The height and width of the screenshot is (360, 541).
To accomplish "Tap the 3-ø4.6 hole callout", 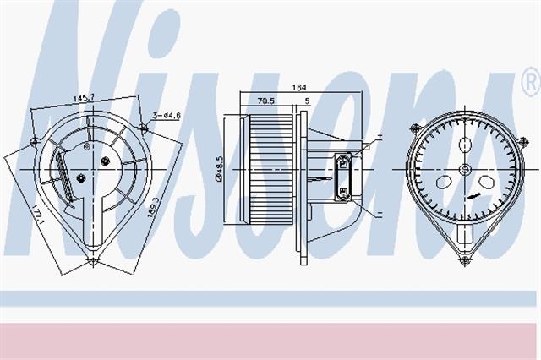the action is (x=167, y=116).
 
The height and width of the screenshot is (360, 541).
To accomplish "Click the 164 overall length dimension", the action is (x=298, y=88).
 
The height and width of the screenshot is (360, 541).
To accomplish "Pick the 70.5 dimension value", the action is (x=266, y=101).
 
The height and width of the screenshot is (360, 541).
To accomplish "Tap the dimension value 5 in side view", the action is (x=308, y=101).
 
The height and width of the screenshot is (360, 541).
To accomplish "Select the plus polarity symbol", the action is (x=380, y=135).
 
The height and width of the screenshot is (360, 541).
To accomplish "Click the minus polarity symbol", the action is (x=380, y=214).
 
